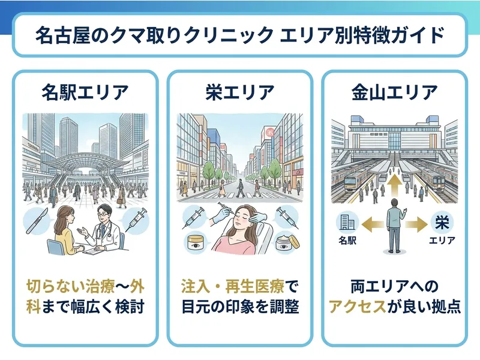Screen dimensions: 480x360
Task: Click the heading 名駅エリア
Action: (85, 92)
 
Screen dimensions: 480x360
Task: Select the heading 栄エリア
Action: (239, 92)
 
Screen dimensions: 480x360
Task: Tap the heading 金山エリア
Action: (395, 92)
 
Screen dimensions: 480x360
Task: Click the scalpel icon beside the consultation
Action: (37, 220)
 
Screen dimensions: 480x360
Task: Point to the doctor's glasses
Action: (104, 214)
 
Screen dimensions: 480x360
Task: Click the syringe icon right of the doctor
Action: (136, 219)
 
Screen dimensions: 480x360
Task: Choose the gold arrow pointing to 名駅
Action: (372, 224)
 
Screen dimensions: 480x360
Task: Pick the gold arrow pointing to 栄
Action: (416, 224)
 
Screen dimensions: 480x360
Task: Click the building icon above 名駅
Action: (347, 222)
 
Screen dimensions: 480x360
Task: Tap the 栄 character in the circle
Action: (442, 222)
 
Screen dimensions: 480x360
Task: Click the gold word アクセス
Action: (357, 307)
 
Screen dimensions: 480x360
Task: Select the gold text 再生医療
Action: (256, 287)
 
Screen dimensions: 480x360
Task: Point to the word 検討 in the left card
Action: (130, 307)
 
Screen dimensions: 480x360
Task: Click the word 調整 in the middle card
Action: (284, 307)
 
